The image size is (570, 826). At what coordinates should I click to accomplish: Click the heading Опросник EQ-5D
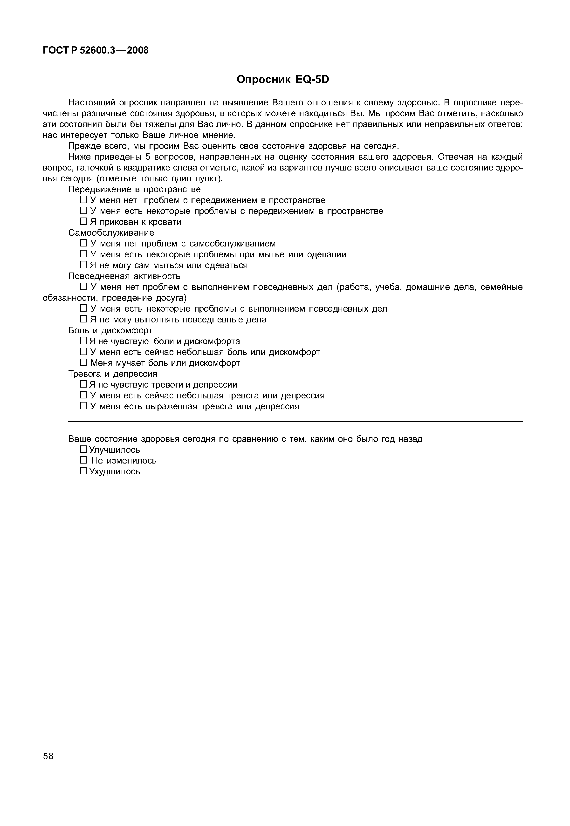pyautogui.click(x=283, y=79)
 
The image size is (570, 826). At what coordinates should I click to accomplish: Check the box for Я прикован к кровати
pyautogui.click(x=83, y=222)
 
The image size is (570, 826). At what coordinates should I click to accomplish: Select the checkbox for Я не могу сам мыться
pyautogui.click(x=83, y=265)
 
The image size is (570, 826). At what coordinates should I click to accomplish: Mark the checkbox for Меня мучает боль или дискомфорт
pyautogui.click(x=83, y=363)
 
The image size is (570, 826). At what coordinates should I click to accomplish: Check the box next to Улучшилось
pyautogui.click(x=83, y=449)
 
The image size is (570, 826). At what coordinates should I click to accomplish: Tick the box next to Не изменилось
pyautogui.click(x=83, y=460)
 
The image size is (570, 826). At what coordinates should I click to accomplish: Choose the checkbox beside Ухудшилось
pyautogui.click(x=83, y=471)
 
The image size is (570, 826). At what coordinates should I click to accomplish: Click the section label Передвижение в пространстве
pyautogui.click(x=134, y=189)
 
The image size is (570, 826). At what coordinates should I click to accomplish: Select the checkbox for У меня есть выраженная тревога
pyautogui.click(x=83, y=406)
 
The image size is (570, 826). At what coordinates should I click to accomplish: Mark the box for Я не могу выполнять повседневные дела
pyautogui.click(x=83, y=320)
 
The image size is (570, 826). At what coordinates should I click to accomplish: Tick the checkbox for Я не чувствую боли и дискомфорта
pyautogui.click(x=83, y=341)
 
